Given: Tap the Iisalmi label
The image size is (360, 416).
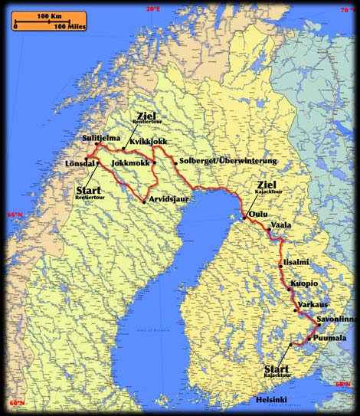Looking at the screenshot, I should point(296,262).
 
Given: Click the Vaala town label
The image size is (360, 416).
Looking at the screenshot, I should point(281,225).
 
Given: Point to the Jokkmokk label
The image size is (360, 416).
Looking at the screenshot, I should point(129,163).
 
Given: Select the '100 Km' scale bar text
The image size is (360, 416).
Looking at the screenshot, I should point(49,16).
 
